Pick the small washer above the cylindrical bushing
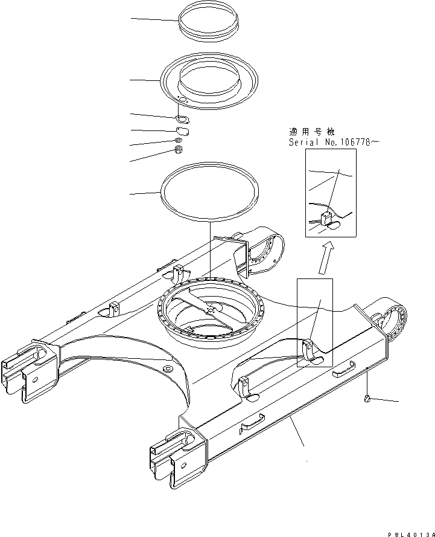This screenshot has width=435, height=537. point(179,141)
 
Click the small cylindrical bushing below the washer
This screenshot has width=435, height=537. point(179,150)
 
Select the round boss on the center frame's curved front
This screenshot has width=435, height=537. point(167,368)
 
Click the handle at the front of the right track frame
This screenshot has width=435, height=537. point(253,422)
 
